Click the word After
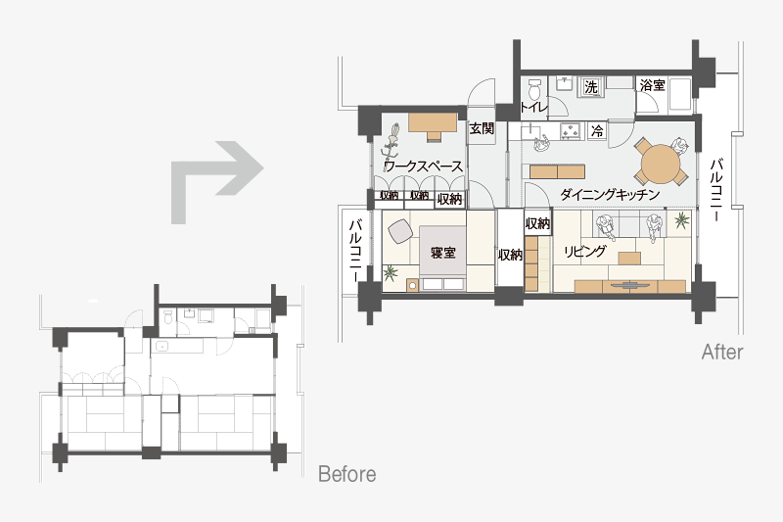pos(722,353)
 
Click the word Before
pos(347,474)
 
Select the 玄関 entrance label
pos(482,129)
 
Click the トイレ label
pos(533,107)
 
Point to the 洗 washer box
pos(591,87)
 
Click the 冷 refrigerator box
pos(597,131)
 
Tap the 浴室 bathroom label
pos(652,85)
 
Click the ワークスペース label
pos(423,166)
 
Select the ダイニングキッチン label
pos(610,194)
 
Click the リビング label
pos(584,251)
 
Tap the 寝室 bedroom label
pos(443,253)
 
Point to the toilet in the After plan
pos(534,89)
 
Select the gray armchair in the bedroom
pos(400,231)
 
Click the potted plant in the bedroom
pos(391,272)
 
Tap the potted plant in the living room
pos(681,219)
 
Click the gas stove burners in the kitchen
pos(570,131)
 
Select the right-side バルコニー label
pos(717,190)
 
